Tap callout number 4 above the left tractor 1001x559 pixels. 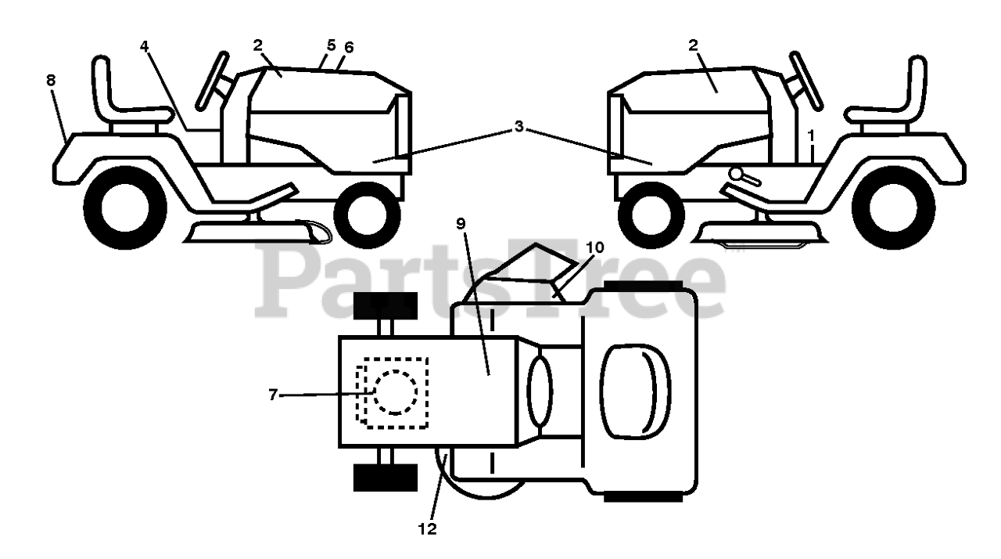coord(145,45)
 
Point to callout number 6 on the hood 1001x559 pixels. coord(349,48)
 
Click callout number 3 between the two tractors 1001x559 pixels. coord(518,127)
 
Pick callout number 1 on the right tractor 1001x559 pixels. coord(812,135)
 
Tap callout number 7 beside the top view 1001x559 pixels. coord(273,395)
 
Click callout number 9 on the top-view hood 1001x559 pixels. coord(461,224)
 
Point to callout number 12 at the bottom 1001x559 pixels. coord(428,529)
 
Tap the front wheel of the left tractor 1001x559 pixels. coord(366,214)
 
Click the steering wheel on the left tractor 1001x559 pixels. coord(212,80)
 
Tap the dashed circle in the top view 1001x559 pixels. coord(396,392)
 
